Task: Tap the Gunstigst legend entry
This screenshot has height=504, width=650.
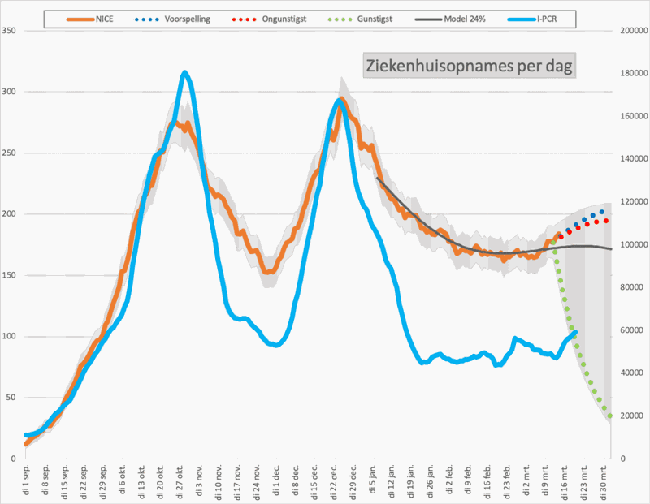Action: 370,16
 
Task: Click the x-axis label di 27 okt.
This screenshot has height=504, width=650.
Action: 179,480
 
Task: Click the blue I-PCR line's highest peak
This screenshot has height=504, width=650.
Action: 184,73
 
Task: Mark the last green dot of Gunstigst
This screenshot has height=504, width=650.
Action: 609,416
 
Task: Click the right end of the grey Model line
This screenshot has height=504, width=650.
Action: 611,248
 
